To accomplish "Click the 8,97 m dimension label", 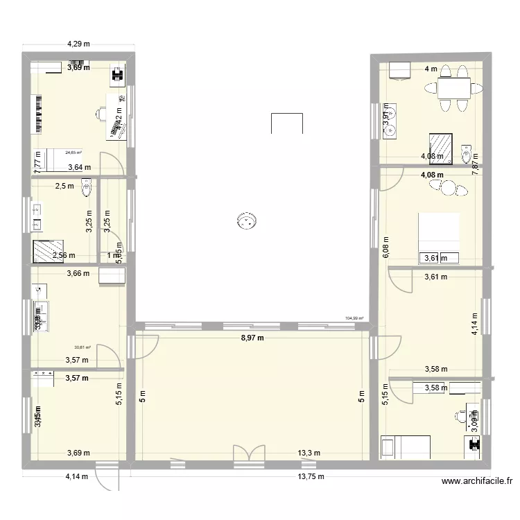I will [x=253, y=338].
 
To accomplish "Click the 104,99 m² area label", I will [x=354, y=319].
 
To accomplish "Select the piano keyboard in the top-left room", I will [x=37, y=113].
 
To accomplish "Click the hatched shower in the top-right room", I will [x=440, y=148].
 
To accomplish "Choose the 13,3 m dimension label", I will [x=309, y=453].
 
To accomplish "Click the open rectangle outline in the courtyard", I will [x=287, y=123].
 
